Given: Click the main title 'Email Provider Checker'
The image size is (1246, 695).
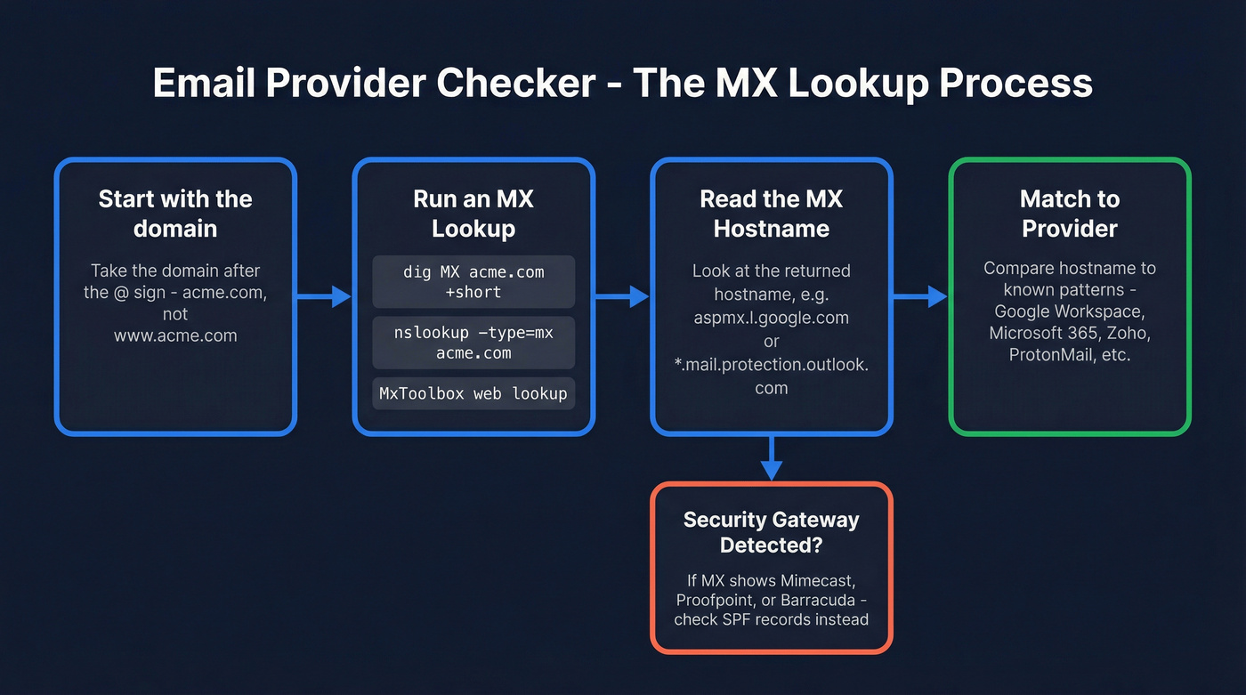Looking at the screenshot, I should point(374,84).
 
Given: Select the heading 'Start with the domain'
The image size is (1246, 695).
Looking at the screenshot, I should point(175,214).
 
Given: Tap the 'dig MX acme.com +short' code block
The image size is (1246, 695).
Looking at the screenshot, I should point(473,281).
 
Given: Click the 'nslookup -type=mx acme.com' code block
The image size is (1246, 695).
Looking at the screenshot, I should point(473,343).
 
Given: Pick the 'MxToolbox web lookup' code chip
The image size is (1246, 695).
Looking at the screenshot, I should point(473,393).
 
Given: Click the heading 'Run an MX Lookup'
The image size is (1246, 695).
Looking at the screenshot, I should point(473,214).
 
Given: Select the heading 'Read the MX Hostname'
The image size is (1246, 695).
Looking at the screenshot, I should point(772,214).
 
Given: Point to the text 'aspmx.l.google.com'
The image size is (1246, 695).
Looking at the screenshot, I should point(772,318).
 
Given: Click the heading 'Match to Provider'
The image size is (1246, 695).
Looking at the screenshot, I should point(1070,214).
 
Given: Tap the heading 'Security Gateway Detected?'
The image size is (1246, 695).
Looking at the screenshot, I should point(772,531).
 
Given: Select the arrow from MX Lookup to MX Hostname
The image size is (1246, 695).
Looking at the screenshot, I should point(622,296).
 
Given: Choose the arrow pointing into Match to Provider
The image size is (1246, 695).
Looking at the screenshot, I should point(920,296).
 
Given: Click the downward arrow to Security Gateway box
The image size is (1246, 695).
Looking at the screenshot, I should point(772,457).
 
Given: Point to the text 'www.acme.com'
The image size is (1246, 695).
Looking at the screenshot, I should point(175,335).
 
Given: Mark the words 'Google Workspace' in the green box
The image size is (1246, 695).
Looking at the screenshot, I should point(1070,311).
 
